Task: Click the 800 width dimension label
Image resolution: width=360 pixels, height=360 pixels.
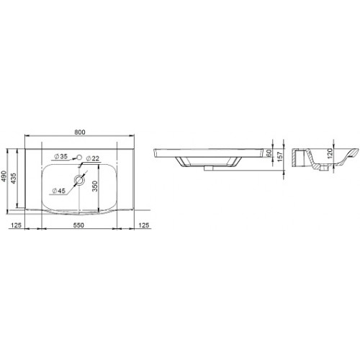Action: tap(80, 132)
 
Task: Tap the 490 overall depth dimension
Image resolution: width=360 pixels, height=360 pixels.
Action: tap(4, 176)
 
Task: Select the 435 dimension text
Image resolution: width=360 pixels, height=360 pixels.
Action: tap(14, 179)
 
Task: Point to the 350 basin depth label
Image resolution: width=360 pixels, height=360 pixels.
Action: tap(95, 186)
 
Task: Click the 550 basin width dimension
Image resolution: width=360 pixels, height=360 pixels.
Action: tap(78, 225)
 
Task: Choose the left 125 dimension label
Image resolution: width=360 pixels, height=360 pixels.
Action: tap(16, 225)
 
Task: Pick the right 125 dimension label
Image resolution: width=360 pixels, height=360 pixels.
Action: tap(144, 225)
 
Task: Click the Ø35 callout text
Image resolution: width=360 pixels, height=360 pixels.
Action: tap(61, 156)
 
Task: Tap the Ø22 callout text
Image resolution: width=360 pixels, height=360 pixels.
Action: tap(92, 158)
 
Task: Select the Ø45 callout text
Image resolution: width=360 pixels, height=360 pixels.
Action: tap(59, 191)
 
